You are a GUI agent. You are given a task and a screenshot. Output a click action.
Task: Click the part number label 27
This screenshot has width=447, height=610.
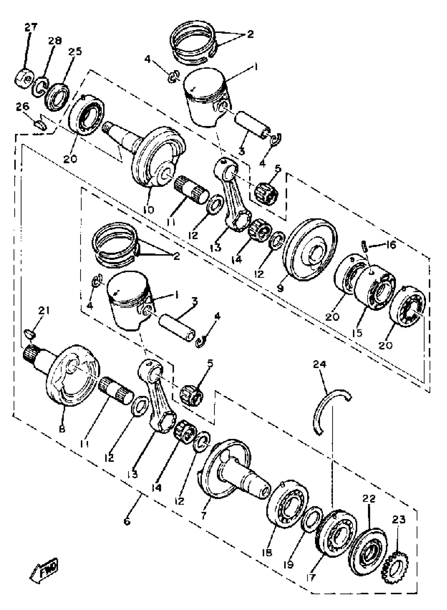pyautogui.click(x=31, y=27)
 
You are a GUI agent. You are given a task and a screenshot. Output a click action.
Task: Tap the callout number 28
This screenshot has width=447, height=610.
pyautogui.click(x=55, y=40)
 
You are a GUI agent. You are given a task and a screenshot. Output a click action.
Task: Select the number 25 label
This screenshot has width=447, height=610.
pyautogui.click(x=75, y=51)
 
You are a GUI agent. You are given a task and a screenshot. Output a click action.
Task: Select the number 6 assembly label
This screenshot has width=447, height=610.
pyautogui.click(x=127, y=520)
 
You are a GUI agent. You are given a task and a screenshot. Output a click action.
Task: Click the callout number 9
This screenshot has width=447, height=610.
pyautogui.click(x=280, y=288)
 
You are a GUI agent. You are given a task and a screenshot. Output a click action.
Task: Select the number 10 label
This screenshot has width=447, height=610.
pyautogui.click(x=149, y=209)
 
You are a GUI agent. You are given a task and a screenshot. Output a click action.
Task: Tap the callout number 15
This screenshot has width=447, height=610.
pyautogui.click(x=357, y=333)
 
